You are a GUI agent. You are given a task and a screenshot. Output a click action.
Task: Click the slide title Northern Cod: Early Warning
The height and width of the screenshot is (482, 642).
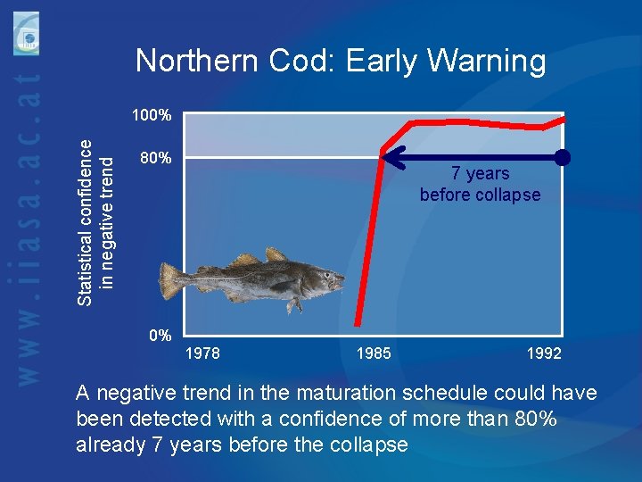click(x=340, y=61)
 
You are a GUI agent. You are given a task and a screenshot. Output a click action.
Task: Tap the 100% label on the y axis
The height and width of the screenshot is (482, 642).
click(x=152, y=115)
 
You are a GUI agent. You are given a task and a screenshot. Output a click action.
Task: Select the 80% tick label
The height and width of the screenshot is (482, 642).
click(x=156, y=159)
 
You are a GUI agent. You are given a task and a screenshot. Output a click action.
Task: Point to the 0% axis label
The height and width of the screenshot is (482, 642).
click(x=160, y=337)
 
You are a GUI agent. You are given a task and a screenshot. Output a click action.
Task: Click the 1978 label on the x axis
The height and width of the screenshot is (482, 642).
click(x=202, y=353)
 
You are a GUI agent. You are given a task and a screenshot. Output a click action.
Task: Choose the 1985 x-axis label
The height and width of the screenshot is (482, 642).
click(x=373, y=353)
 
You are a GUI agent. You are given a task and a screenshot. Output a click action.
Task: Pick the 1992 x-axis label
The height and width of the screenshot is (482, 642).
click(x=544, y=353)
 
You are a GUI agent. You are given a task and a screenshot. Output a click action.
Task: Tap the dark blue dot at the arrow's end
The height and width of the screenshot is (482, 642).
click(x=562, y=158)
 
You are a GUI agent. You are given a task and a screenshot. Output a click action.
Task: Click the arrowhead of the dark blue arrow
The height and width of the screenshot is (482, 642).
click(x=390, y=158)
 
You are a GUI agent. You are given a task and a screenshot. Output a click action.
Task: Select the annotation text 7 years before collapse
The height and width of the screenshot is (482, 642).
click(x=480, y=184)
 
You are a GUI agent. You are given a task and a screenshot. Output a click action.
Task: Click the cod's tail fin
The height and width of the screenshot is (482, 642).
click(x=171, y=278)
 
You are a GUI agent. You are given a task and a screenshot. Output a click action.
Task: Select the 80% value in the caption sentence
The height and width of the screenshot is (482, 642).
click(x=533, y=419)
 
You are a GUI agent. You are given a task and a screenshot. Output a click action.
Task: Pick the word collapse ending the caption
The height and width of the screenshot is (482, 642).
click(x=367, y=445)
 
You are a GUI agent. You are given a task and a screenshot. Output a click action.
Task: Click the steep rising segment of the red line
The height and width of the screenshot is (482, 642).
click(x=369, y=237)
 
